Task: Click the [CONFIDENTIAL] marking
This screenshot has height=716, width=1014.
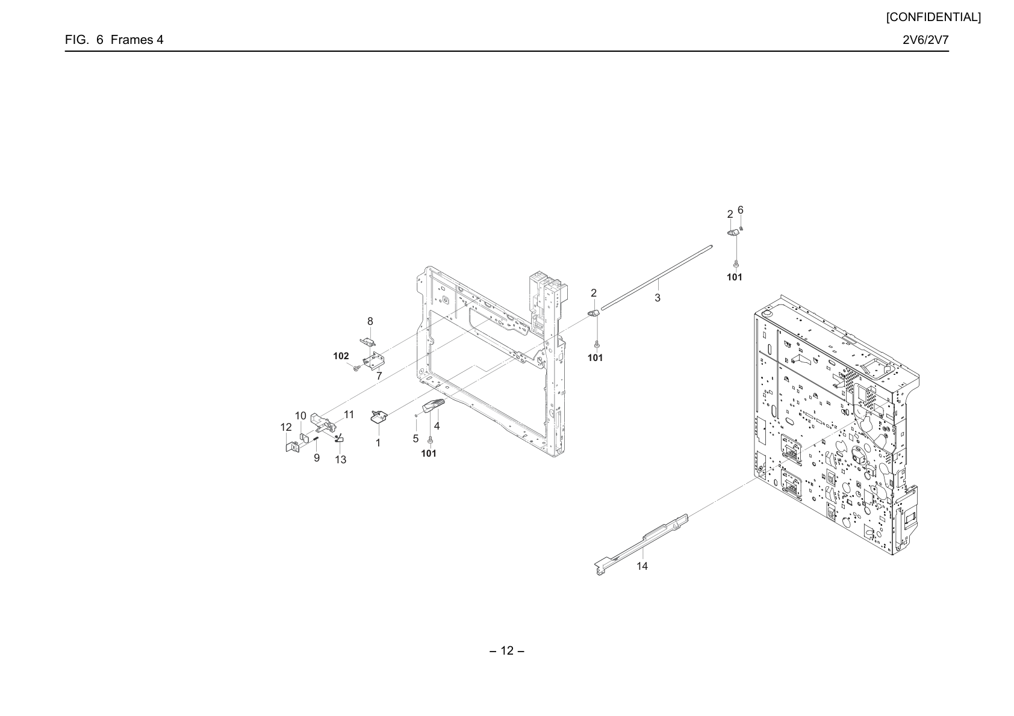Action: [x=933, y=17]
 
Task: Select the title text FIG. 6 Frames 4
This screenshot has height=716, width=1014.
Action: [x=114, y=40]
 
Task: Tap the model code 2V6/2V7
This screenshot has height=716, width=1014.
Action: [x=925, y=40]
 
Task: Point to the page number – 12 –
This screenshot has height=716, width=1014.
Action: [x=507, y=650]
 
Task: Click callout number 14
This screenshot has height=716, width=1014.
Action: [x=642, y=566]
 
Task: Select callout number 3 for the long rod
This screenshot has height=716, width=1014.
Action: [x=658, y=298]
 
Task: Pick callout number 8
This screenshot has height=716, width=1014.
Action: [x=370, y=321]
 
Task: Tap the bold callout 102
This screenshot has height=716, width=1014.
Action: [x=341, y=356]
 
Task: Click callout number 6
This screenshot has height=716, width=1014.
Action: [x=741, y=210]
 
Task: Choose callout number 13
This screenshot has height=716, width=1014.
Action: [x=340, y=460]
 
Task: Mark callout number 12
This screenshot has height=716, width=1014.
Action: [x=286, y=427]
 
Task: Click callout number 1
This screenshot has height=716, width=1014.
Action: [x=378, y=443]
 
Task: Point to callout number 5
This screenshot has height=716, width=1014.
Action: [x=415, y=438]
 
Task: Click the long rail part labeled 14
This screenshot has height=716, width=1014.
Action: [x=641, y=545]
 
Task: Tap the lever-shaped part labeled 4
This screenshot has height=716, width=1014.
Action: [x=434, y=406]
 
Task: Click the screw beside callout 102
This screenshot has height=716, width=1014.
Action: [x=356, y=369]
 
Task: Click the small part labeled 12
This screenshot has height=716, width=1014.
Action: [x=293, y=447]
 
